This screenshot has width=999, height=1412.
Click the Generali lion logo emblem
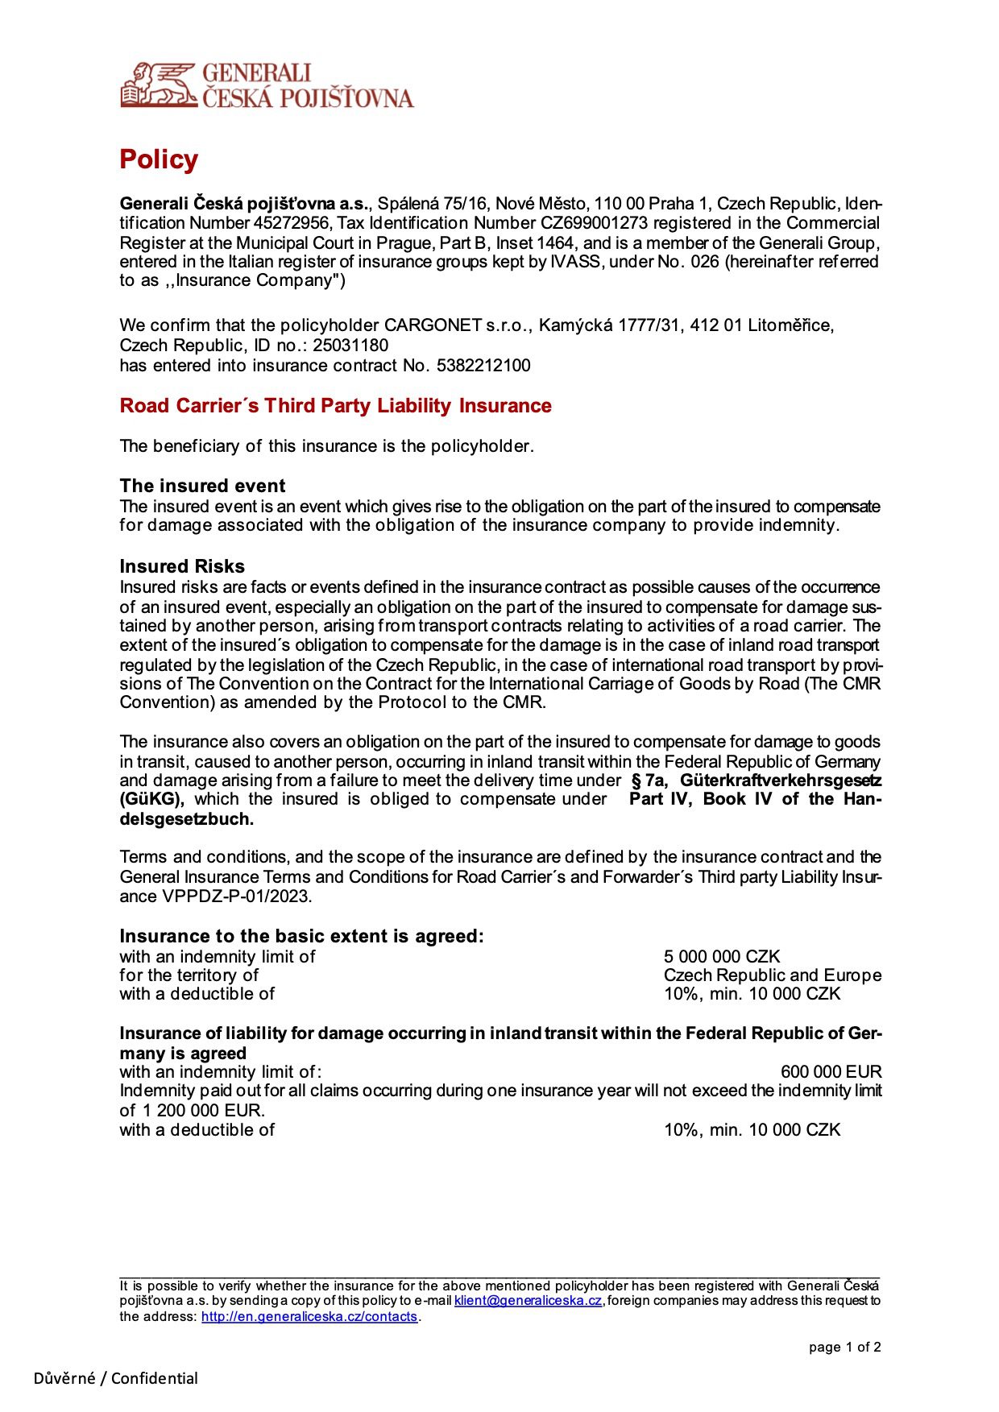(158, 85)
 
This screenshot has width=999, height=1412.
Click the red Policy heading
(159, 159)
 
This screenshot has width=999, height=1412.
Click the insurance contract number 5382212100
(483, 366)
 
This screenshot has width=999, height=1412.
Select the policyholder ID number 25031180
(350, 346)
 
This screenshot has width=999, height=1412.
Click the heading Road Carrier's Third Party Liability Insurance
(335, 406)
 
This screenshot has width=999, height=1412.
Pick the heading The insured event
(202, 486)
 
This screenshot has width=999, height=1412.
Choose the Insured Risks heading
(182, 566)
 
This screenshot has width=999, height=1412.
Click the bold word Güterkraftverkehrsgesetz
(780, 781)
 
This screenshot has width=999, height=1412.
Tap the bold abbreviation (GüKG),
(152, 799)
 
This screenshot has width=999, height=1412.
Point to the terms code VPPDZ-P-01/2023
(236, 896)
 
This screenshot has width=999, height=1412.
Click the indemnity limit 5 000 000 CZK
(722, 957)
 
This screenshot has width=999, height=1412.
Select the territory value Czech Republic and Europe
(772, 975)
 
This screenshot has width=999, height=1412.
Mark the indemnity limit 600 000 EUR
(831, 1072)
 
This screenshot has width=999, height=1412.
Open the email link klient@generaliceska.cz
(528, 1301)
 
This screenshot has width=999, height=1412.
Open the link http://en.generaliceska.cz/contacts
(309, 1317)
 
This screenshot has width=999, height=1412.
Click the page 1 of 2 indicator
(844, 1348)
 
